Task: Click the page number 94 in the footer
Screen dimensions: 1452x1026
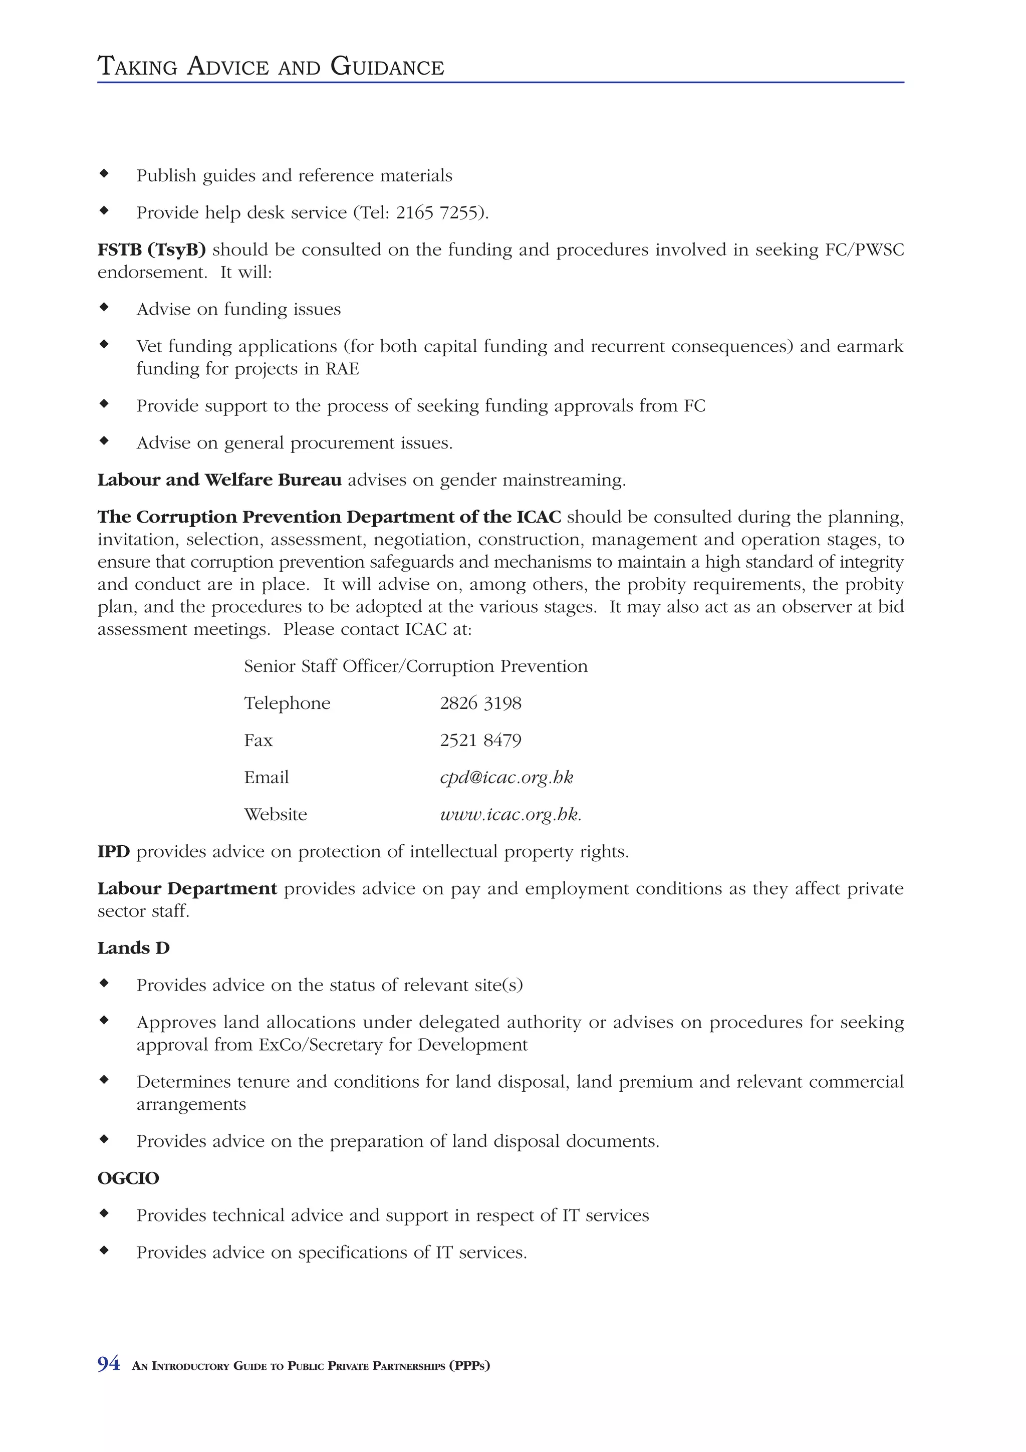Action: pyautogui.click(x=108, y=1364)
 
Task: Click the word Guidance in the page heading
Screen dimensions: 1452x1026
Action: pyautogui.click(x=387, y=67)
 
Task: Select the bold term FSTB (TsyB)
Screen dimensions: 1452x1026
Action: pyautogui.click(x=151, y=250)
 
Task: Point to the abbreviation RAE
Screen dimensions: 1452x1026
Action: pyautogui.click(x=342, y=369)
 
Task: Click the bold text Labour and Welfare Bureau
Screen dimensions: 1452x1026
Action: pyautogui.click(x=219, y=480)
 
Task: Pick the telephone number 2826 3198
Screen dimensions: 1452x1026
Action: pyautogui.click(x=480, y=703)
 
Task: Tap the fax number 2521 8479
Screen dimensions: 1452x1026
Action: pyautogui.click(x=480, y=741)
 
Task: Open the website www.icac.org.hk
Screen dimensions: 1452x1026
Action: pyautogui.click(x=509, y=815)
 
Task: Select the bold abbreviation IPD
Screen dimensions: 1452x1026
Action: pyautogui.click(x=113, y=852)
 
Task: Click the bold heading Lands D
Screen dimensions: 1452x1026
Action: pyautogui.click(x=133, y=948)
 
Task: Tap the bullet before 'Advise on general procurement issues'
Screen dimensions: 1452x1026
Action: pyautogui.click(x=104, y=440)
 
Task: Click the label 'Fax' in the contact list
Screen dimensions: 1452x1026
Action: pyautogui.click(x=258, y=741)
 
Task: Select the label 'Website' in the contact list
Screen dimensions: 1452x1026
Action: pyautogui.click(x=275, y=815)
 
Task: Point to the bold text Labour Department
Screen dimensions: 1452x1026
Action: pyautogui.click(x=187, y=889)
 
